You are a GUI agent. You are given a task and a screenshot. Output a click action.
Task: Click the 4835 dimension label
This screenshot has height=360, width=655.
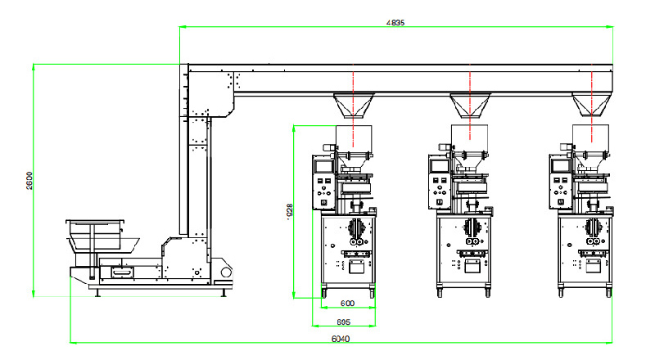tap(395, 22)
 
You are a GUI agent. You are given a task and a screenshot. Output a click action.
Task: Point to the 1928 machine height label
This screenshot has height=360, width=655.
tap(289, 211)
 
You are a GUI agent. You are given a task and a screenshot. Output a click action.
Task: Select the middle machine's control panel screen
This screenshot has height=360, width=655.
tap(439, 165)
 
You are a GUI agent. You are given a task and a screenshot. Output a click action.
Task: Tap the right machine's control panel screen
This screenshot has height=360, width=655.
tap(561, 165)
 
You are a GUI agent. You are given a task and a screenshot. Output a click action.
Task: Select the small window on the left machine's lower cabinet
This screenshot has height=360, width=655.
tap(355, 266)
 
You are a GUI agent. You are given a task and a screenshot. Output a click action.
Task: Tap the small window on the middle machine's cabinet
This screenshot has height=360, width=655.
tap(472, 266)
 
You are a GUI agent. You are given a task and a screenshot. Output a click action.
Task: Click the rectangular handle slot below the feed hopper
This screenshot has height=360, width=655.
tap(120, 269)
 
